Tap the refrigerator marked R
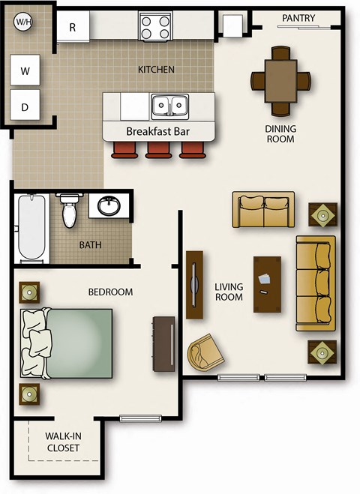click(x=73, y=27)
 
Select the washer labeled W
click(x=25, y=71)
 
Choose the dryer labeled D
click(x=25, y=107)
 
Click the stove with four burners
click(x=155, y=28)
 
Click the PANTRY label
click(x=298, y=18)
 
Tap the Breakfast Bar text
click(x=157, y=131)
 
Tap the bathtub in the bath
click(x=30, y=228)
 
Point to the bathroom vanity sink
click(x=109, y=205)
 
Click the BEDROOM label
click(x=110, y=292)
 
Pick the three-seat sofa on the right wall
click(x=316, y=283)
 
